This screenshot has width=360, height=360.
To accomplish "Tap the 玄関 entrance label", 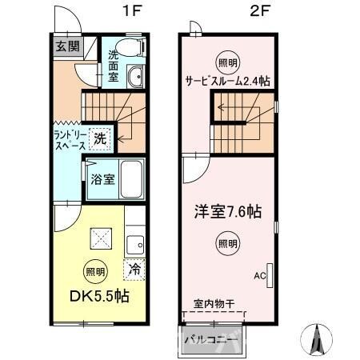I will [x=67, y=46].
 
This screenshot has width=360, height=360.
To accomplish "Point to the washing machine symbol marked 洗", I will [x=99, y=138].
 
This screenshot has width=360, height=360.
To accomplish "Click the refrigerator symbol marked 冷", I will [x=135, y=270].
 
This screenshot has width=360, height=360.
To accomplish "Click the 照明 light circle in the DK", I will [x=95, y=270].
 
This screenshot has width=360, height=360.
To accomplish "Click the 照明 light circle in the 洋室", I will [x=227, y=243].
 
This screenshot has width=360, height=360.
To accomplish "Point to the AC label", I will [x=259, y=276].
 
